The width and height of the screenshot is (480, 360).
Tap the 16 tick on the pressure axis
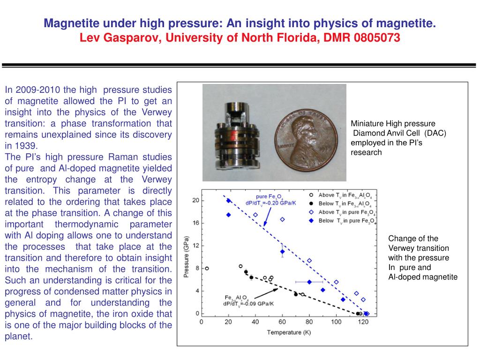[x=196, y=223]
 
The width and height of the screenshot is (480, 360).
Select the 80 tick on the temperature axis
[x=309, y=322]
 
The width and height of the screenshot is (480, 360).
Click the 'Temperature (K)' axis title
[x=289, y=332]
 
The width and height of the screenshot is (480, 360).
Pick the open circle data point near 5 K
[x=207, y=269]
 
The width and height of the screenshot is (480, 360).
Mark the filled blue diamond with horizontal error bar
[x=309, y=282]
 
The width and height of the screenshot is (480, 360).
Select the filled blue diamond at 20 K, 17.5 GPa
[x=228, y=215]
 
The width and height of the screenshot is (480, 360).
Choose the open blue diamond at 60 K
[x=283, y=219]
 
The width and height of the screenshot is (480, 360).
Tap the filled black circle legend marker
[x=310, y=203]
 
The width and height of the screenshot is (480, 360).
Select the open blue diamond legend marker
[x=310, y=212]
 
